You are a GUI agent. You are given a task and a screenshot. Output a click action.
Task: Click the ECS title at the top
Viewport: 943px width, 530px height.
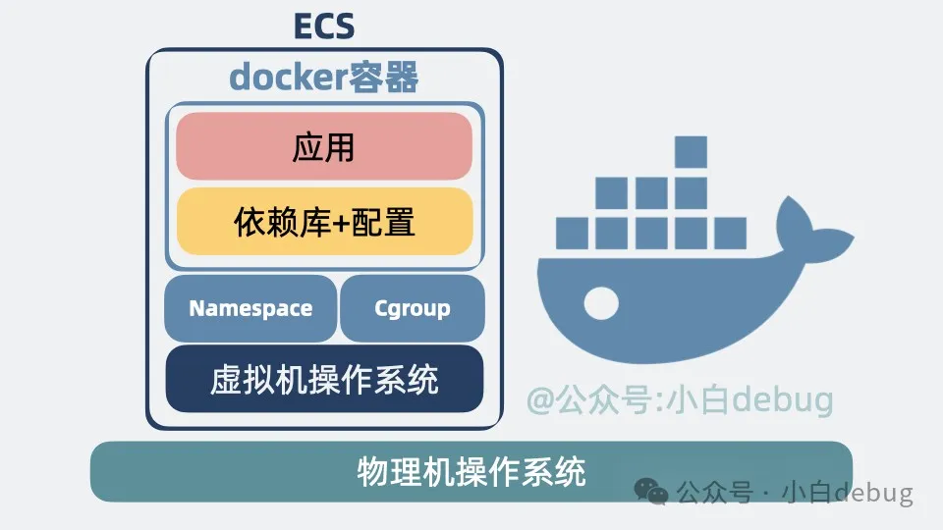click(324, 26)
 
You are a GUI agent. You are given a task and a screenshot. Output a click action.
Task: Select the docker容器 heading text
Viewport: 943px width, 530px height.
click(324, 78)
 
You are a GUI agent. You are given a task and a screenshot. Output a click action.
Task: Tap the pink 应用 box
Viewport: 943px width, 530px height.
click(324, 146)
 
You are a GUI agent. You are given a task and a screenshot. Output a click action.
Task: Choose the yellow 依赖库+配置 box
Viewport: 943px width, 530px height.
click(324, 222)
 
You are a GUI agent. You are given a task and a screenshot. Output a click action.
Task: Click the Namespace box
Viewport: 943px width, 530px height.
click(250, 308)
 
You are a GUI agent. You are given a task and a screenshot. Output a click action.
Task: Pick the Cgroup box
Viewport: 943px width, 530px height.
click(413, 308)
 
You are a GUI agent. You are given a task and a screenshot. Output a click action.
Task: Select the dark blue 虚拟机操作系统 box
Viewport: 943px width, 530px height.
click(324, 379)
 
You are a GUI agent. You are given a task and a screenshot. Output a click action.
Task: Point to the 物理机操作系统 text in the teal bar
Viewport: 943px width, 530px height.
click(471, 472)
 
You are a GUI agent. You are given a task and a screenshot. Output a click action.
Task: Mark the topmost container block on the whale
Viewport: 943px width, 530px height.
click(691, 152)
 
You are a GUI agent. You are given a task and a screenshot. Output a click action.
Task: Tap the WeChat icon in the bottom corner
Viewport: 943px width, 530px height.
click(648, 491)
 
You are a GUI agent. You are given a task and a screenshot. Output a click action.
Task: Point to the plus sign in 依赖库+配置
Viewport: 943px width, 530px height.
click(341, 223)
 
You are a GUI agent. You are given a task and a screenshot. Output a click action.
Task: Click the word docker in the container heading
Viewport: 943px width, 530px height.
click(288, 78)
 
